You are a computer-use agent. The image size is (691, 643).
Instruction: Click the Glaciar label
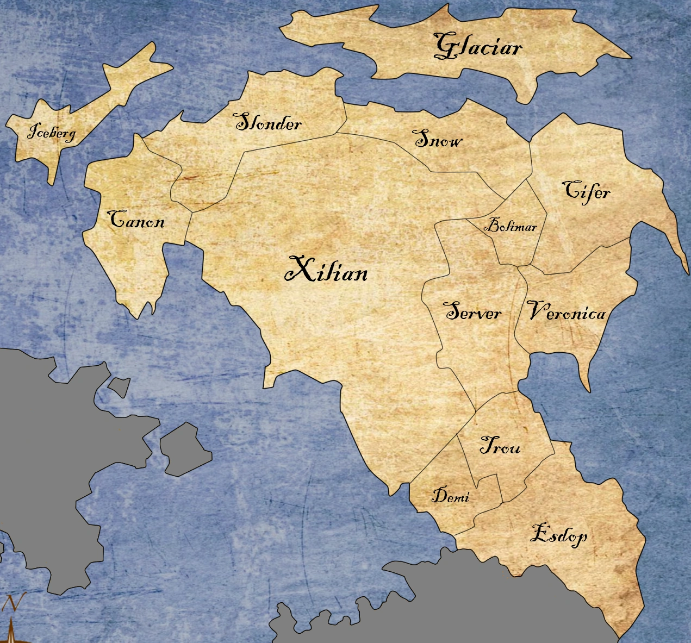click(x=478, y=47)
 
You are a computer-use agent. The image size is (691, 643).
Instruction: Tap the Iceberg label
click(x=52, y=132)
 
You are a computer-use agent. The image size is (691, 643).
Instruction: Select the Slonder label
click(x=268, y=123)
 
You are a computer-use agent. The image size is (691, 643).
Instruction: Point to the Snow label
click(x=439, y=140)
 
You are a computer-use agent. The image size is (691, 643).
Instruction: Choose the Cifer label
click(x=586, y=191)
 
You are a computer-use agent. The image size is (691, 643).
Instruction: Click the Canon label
click(x=136, y=220)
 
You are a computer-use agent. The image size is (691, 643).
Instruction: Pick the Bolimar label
click(x=510, y=226)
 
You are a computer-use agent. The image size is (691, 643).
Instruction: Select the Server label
click(x=473, y=312)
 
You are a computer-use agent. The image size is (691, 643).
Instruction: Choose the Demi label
click(x=450, y=495)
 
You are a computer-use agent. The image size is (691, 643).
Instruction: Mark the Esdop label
click(x=558, y=535)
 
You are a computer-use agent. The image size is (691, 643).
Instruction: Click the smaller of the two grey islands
click(x=119, y=386)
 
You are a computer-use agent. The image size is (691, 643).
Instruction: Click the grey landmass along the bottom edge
click(x=435, y=603)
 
